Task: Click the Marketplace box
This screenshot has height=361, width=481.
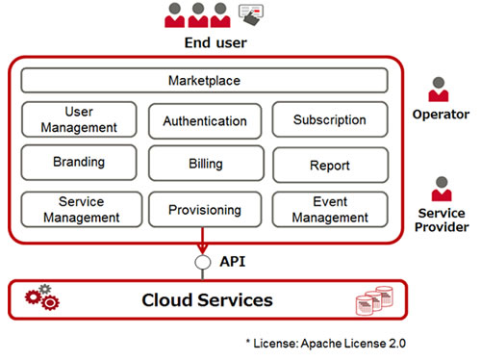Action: click(204, 81)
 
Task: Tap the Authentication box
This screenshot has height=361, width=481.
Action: click(205, 121)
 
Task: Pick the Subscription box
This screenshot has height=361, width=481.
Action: click(330, 120)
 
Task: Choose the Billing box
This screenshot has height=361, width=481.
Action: click(205, 165)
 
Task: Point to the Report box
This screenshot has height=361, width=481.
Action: click(330, 166)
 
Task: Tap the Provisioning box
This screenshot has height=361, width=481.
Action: click(205, 210)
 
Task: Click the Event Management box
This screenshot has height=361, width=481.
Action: click(330, 209)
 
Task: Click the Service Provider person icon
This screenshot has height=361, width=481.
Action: click(442, 189)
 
